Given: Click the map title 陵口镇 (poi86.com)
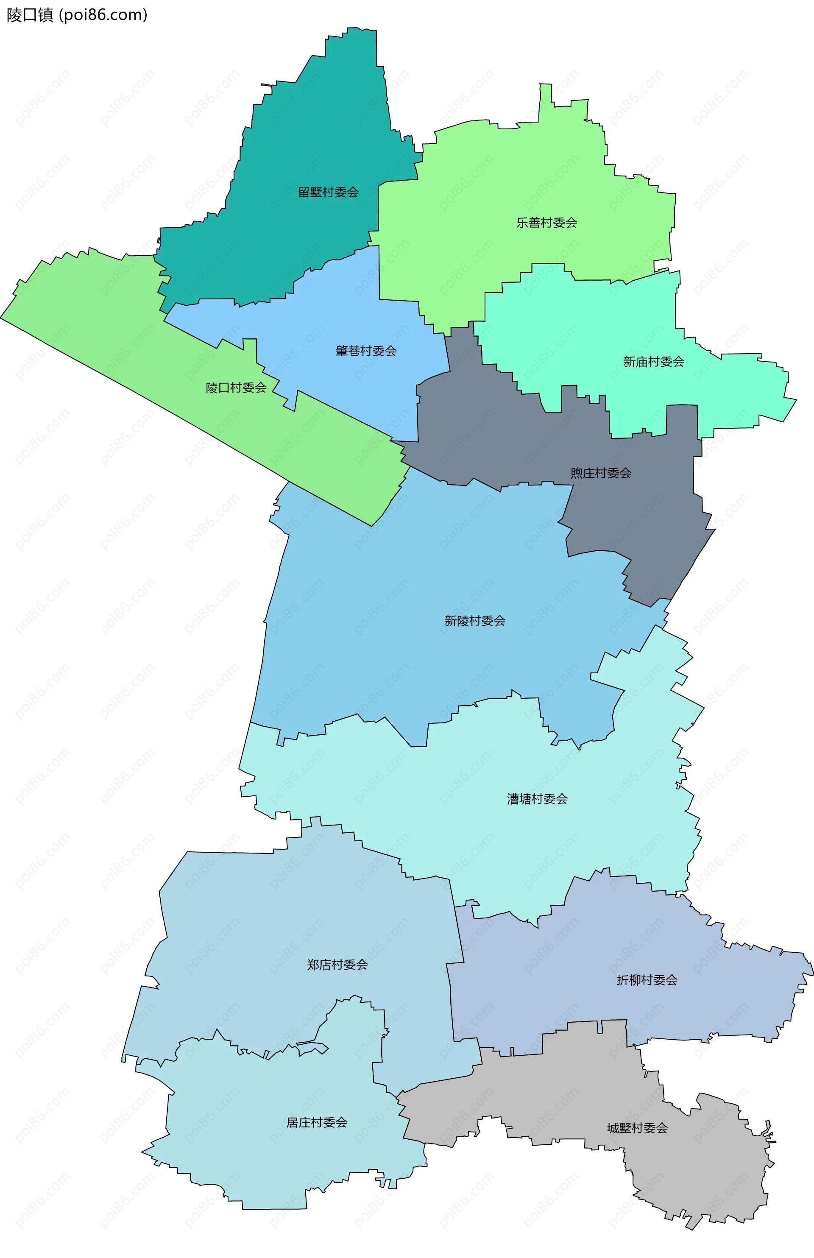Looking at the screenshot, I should [x=77, y=15].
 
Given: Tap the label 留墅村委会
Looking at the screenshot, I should [x=328, y=192].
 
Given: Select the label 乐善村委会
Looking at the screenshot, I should [x=546, y=223].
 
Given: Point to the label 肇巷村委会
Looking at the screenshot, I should [x=366, y=351].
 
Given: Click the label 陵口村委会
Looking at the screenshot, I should [x=236, y=388].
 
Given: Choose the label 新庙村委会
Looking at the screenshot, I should [x=653, y=362].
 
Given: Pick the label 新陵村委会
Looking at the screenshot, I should [x=475, y=621].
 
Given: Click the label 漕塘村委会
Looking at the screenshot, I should [x=537, y=799].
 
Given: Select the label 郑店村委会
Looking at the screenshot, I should [x=337, y=965].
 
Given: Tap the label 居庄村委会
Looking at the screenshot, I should [x=317, y=1123].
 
